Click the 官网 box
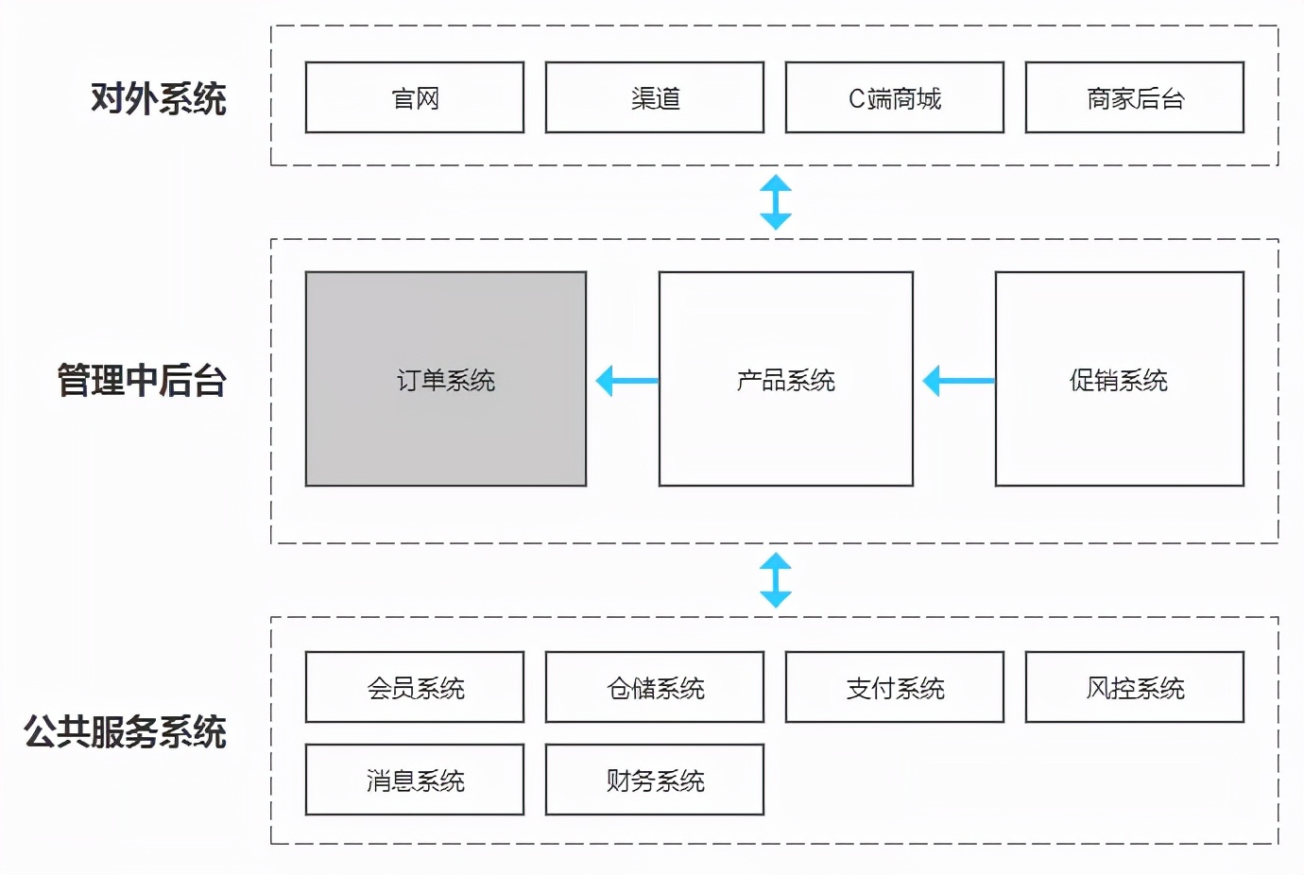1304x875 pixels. (415, 98)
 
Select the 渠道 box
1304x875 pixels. (655, 98)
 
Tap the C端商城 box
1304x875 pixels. (895, 98)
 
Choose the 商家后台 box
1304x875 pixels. (1135, 98)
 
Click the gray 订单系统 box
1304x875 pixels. (446, 380)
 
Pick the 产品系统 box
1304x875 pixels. (786, 380)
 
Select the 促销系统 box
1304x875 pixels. (1120, 380)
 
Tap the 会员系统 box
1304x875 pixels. (415, 688)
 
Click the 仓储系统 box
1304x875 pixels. (655, 688)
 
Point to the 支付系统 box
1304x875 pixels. (895, 688)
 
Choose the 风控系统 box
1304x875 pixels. (1135, 688)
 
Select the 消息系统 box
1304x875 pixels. (415, 781)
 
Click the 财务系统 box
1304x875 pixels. (655, 781)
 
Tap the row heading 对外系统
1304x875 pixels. (159, 99)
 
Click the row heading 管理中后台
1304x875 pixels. (142, 381)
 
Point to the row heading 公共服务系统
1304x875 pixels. (125, 732)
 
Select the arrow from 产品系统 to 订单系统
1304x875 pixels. (626, 381)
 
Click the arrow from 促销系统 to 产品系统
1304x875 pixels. (958, 381)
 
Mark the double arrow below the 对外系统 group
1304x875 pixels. (776, 202)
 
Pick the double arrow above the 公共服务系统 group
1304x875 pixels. (776, 580)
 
